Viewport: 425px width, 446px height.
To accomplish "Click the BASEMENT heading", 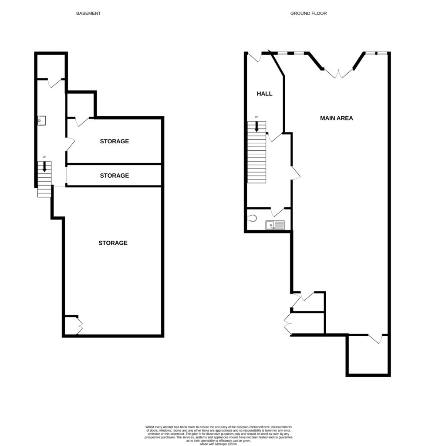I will pos(88,14).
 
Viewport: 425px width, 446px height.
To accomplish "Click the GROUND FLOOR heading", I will pos(308,14).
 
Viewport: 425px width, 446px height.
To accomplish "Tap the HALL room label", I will pos(264,94).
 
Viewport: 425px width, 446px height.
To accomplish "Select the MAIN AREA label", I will pos(336,118).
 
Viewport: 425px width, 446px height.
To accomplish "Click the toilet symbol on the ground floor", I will pos(252,218).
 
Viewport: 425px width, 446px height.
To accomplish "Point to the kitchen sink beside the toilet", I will pos(275,225).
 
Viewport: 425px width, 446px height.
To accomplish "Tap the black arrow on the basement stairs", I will pos(44,167).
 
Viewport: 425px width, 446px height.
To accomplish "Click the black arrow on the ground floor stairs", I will pos(256,126).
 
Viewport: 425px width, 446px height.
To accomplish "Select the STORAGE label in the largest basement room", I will pos(113,243).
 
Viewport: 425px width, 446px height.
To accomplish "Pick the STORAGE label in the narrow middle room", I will pos(114,176).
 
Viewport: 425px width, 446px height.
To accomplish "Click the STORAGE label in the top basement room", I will pos(114,142).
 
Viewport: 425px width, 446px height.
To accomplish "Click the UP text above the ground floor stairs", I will pos(256,117).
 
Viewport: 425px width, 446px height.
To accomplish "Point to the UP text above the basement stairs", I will pos(44,157).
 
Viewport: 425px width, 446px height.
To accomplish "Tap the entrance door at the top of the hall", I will pos(254,57).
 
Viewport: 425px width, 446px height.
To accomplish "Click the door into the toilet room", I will pos(277,212).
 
